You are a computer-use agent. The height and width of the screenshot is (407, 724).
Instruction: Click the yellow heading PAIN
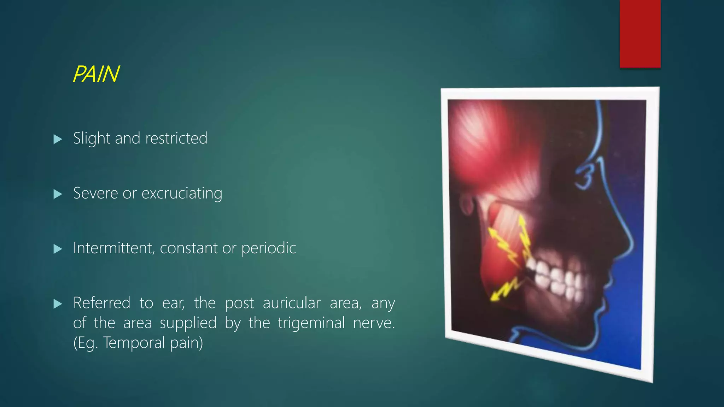coord(96,75)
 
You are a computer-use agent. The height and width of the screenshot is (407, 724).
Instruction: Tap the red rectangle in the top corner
coord(640,34)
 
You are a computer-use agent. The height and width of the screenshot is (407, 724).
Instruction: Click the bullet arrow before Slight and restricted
coord(58,139)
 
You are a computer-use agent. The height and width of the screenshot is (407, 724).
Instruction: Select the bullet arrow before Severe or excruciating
coord(58,194)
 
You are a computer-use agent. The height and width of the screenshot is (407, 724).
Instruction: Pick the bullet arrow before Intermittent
coord(58,249)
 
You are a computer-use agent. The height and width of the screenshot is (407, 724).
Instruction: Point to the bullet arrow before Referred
coord(58,304)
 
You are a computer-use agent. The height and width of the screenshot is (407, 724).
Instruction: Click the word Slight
coord(92,138)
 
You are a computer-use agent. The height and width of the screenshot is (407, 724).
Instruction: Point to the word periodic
coord(268,248)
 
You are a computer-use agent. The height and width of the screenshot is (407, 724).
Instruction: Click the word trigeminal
coord(311,323)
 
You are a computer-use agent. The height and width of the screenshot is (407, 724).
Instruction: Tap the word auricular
coord(292,303)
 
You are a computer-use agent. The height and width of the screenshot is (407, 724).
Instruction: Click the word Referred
coord(102,303)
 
